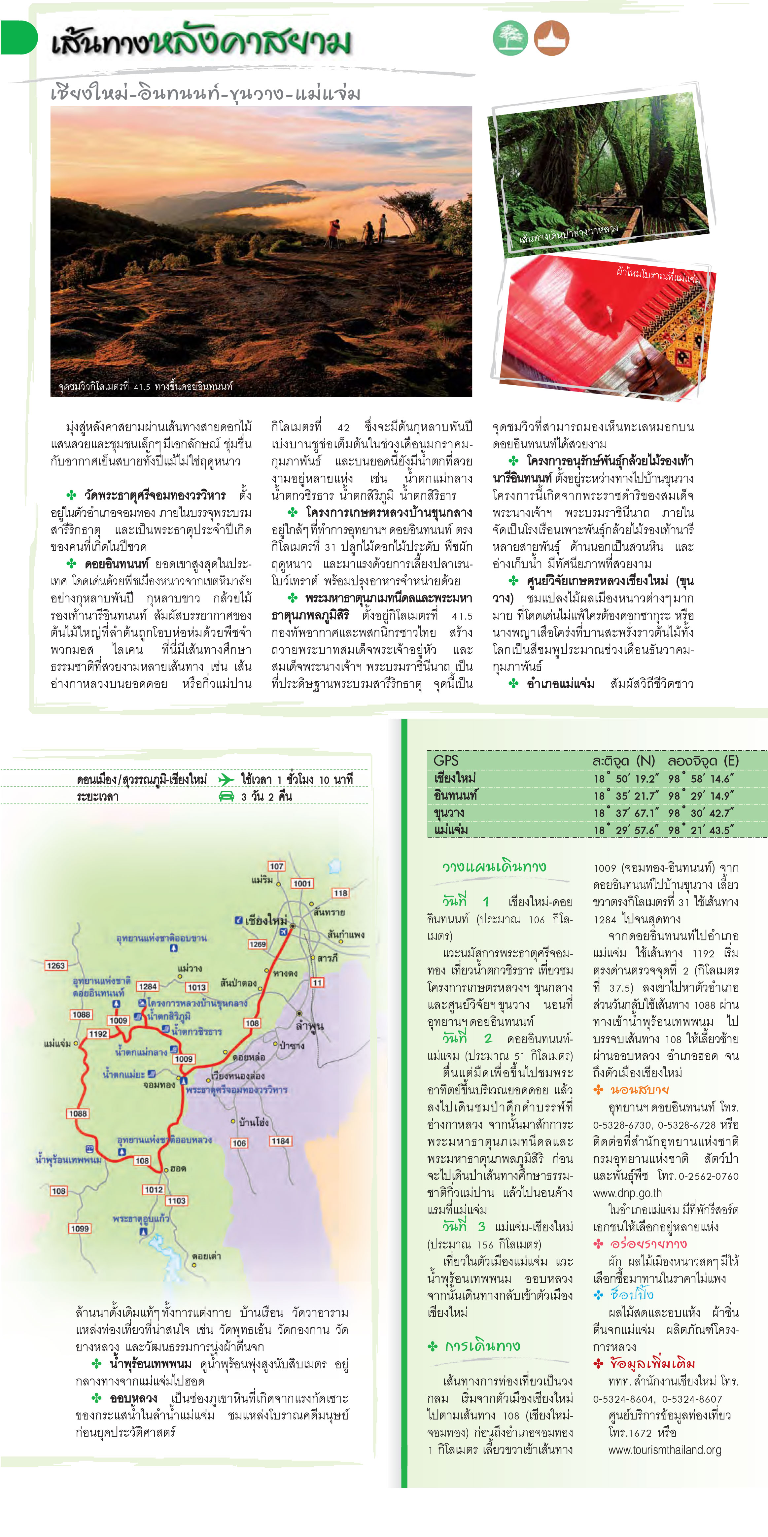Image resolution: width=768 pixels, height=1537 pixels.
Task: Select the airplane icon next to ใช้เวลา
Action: [226, 779]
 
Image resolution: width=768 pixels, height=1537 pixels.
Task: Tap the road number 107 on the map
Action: [276, 866]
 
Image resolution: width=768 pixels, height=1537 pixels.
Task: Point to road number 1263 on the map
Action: [55, 965]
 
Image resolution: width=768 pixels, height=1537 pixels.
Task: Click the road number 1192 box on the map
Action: [98, 1034]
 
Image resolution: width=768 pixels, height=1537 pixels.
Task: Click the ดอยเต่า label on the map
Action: [206, 1256]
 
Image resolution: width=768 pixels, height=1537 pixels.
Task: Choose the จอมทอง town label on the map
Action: [159, 1085]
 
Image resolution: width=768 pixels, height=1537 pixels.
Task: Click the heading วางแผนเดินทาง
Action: [494, 866]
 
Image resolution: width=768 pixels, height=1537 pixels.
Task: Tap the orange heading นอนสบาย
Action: [639, 1089]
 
